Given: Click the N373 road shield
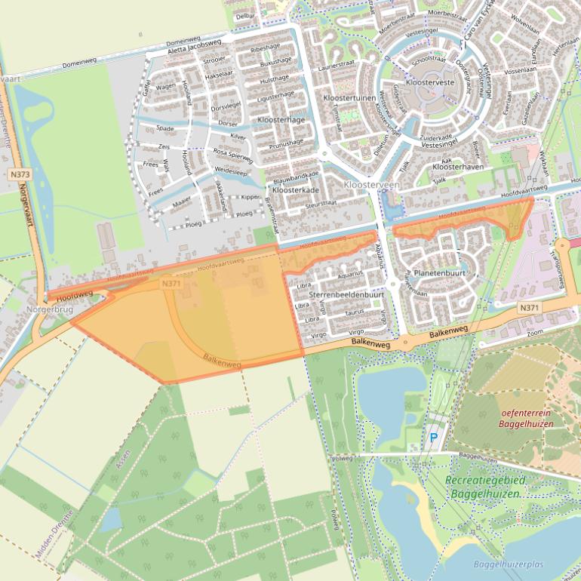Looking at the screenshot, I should [20, 174].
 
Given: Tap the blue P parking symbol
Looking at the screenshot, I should [433, 437].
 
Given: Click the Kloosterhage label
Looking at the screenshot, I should [281, 120].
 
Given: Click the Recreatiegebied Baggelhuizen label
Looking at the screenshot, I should [485, 487].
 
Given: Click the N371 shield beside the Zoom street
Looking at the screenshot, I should [530, 308].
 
